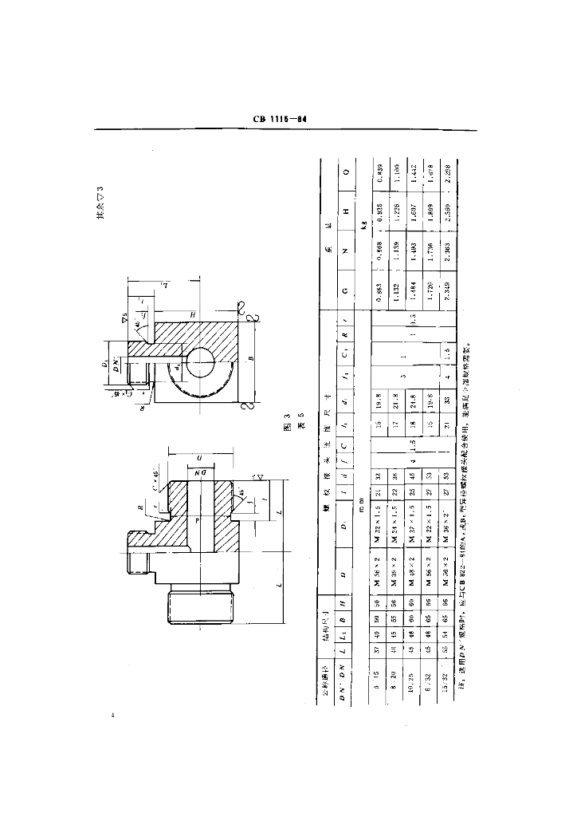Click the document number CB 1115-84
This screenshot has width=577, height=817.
coord(280,119)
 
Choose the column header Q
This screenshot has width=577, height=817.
coord(345,172)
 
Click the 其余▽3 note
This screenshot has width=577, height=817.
coord(101,203)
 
